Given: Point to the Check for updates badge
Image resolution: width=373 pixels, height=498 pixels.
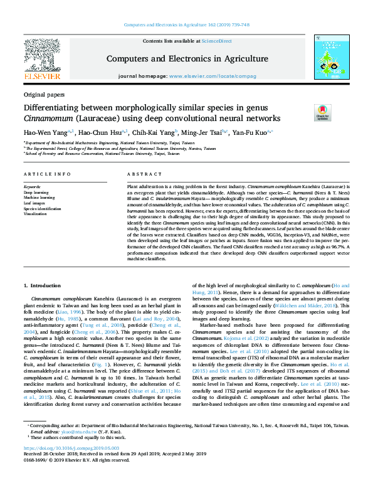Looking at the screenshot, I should point(322,112).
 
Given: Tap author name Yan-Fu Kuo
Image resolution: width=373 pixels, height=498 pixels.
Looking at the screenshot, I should point(251,133).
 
